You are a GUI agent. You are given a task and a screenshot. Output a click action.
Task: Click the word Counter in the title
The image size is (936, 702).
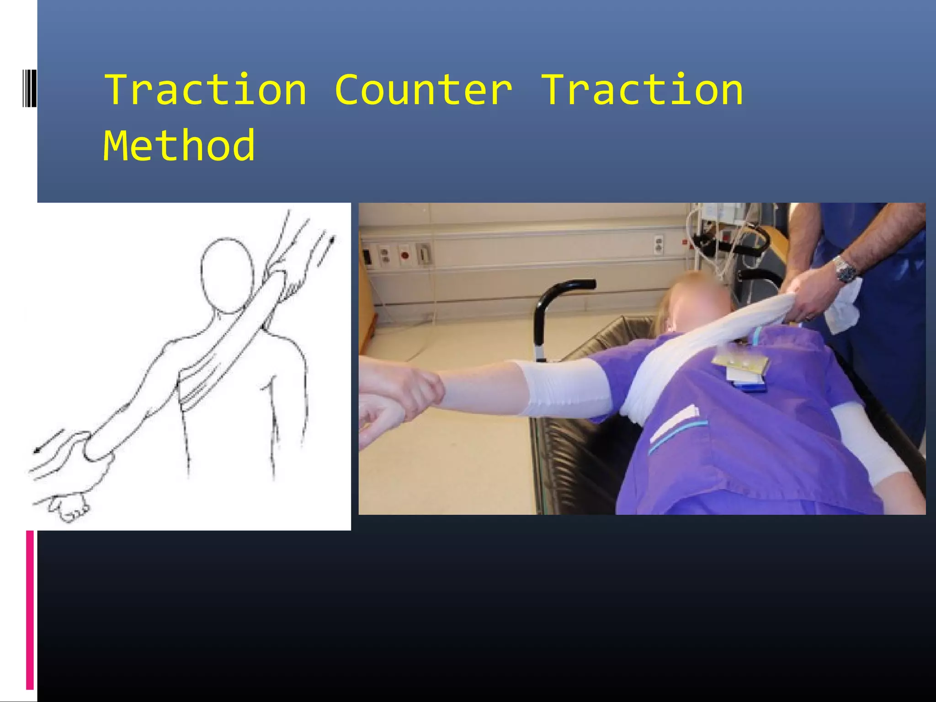[423, 90]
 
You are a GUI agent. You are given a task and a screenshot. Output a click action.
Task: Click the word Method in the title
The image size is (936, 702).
[179, 146]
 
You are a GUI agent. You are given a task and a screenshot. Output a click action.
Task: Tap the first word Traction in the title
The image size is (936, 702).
[206, 90]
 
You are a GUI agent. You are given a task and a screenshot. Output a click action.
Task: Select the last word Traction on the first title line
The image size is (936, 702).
[643, 90]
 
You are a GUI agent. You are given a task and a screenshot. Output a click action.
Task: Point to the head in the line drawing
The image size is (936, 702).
[227, 274]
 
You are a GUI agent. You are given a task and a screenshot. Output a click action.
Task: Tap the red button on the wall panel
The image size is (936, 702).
[404, 255]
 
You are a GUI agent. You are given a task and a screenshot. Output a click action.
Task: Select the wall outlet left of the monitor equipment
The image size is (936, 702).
[659, 245]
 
